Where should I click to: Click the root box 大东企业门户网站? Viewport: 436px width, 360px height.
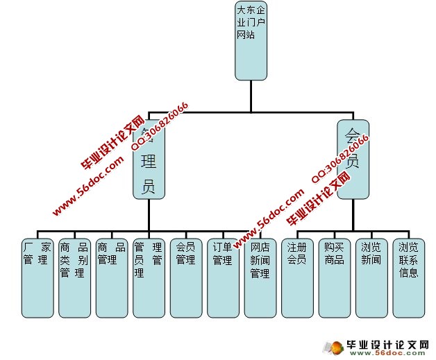pyautogui.click(x=251, y=41)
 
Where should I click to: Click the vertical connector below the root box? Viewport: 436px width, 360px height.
pyautogui.click(x=251, y=95)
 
